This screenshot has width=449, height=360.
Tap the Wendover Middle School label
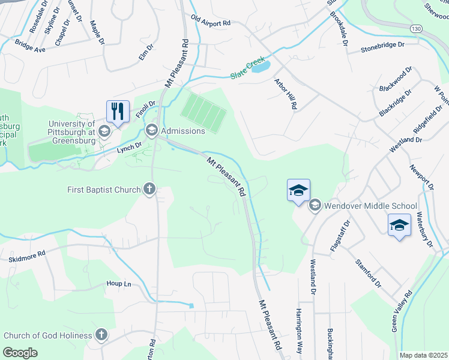(x=370, y=206)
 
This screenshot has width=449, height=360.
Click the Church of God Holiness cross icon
(x=101, y=335)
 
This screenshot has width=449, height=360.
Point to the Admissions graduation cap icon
(x=152, y=130)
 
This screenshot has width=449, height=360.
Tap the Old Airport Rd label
(x=210, y=22)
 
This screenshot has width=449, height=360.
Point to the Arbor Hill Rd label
(x=286, y=94)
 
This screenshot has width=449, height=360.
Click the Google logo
(x=21, y=352)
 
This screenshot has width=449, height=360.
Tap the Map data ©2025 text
(x=423, y=355)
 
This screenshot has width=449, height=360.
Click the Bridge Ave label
(x=31, y=46)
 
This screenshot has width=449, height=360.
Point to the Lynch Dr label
(x=130, y=145)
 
